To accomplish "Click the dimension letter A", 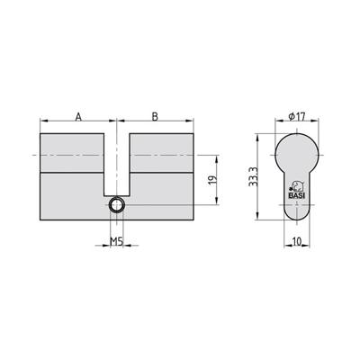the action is pyautogui.click(x=78, y=117).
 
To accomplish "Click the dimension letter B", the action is pyautogui.click(x=155, y=117).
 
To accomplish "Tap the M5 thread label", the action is pyautogui.click(x=116, y=241).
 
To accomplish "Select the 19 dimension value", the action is pyautogui.click(x=212, y=180).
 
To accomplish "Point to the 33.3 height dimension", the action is pyautogui.click(x=254, y=177).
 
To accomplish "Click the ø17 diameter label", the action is pyautogui.click(x=296, y=117).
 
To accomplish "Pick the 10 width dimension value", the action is pyautogui.click(x=296, y=241).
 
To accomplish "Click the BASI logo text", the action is pyautogui.click(x=296, y=196).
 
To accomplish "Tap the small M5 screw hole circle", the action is pyautogui.click(x=116, y=205).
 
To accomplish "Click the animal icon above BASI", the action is pyautogui.click(x=296, y=187).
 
